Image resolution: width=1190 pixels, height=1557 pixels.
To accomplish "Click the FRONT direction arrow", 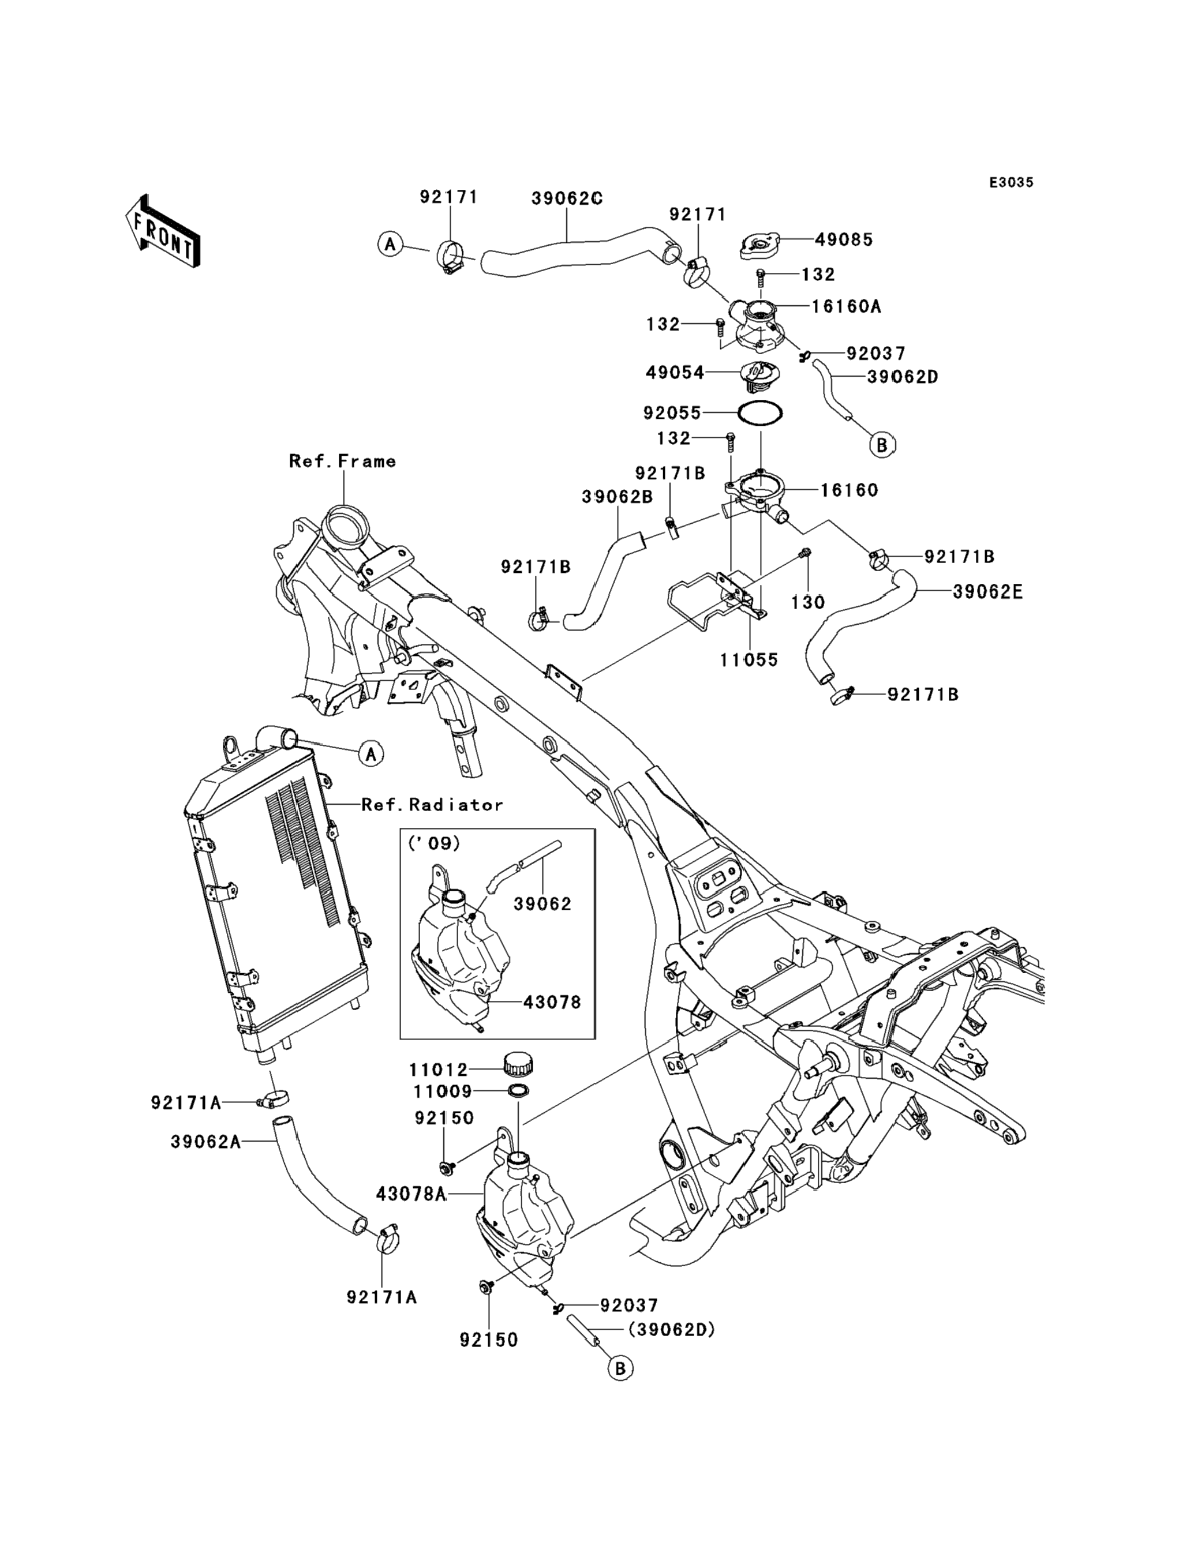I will coord(162,231).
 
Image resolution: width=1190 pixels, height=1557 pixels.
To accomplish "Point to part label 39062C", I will coord(567,199).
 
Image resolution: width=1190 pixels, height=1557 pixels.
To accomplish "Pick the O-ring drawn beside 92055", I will coord(760,412).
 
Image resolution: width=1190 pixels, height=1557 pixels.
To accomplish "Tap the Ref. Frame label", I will coord(342,462).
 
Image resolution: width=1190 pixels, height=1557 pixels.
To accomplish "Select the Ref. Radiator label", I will coord(432,805).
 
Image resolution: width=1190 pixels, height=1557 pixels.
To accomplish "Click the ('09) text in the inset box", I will coord(434,843).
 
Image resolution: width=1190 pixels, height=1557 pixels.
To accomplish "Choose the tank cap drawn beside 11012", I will coord(519,1064).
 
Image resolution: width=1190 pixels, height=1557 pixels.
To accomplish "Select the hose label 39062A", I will coord(205,1142).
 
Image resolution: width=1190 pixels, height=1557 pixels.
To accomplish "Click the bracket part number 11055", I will coord(749,660).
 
